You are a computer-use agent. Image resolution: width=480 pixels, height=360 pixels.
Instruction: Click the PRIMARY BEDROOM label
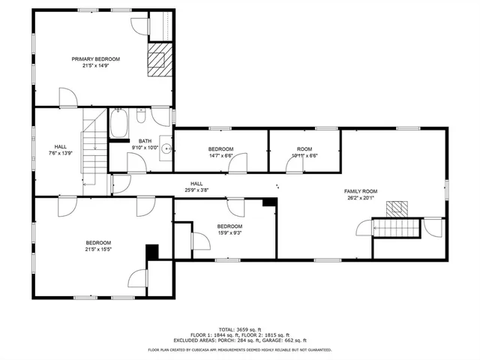tap(95, 58)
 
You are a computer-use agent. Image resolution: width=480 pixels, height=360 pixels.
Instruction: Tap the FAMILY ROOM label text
tap(359, 191)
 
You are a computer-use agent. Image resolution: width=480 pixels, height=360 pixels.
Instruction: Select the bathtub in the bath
tap(119, 124)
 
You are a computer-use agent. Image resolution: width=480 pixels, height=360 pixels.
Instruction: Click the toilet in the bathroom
tap(141, 118)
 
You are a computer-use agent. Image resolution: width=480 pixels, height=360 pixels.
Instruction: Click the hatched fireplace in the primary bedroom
tap(158, 58)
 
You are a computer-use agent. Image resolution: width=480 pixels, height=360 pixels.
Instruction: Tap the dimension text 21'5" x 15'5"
tap(98, 249)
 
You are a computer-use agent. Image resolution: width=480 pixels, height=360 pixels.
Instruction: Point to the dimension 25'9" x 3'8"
tap(196, 190)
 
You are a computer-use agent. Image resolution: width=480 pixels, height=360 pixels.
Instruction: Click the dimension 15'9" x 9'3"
tap(229, 232)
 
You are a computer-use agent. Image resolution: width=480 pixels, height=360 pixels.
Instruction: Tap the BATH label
tap(145, 141)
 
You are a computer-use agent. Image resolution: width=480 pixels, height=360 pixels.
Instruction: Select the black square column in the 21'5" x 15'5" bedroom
tap(152, 253)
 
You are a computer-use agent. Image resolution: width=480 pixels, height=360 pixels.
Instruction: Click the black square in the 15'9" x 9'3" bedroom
tap(268, 202)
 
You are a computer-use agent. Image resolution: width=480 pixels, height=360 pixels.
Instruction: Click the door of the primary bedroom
tap(66, 96)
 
